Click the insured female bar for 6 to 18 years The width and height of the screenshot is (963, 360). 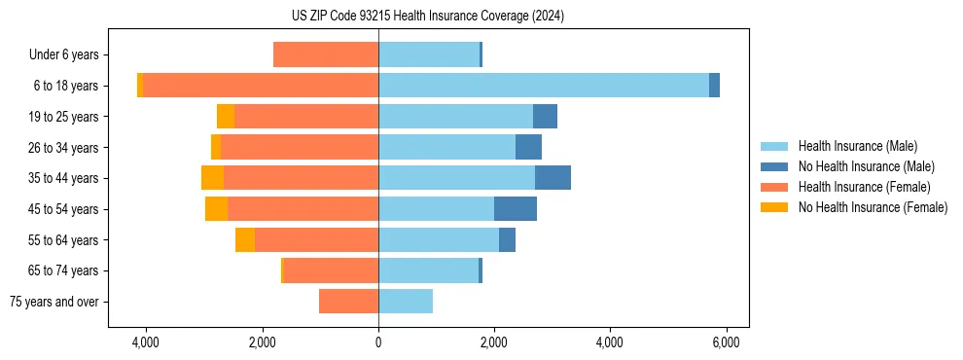[261, 86]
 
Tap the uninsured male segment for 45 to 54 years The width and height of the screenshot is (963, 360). [516, 209]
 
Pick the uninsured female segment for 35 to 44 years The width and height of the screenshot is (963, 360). [212, 178]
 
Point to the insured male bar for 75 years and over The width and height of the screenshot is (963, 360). [406, 302]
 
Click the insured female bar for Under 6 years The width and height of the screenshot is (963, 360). [326, 54]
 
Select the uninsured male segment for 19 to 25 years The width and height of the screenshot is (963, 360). [545, 117]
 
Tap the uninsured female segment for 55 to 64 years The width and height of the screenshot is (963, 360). [245, 240]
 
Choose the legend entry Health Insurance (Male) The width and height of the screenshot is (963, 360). [856, 146]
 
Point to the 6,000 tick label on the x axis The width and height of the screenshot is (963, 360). [726, 342]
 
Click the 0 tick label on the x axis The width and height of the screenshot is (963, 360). [378, 342]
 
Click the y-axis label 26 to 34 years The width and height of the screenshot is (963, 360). [64, 148]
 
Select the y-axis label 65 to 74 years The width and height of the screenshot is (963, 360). [64, 271]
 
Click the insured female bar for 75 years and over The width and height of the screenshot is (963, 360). [348, 302]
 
